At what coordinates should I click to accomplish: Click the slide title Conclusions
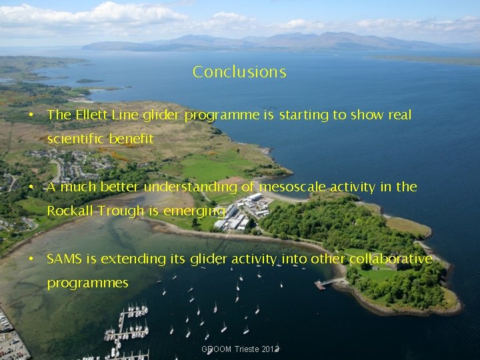[239, 72]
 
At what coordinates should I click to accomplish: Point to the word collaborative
[391, 259]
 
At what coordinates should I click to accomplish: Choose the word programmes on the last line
[87, 283]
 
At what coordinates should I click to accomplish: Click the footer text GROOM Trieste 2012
[239, 349]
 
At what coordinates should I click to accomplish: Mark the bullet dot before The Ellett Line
[31, 115]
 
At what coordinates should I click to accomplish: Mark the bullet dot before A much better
[31, 187]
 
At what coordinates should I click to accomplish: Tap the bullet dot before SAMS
[31, 259]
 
